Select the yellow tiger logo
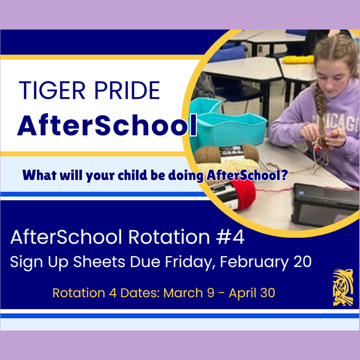click(343, 287)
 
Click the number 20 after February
click(301, 262)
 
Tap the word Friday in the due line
click(190, 262)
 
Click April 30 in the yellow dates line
click(252, 293)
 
